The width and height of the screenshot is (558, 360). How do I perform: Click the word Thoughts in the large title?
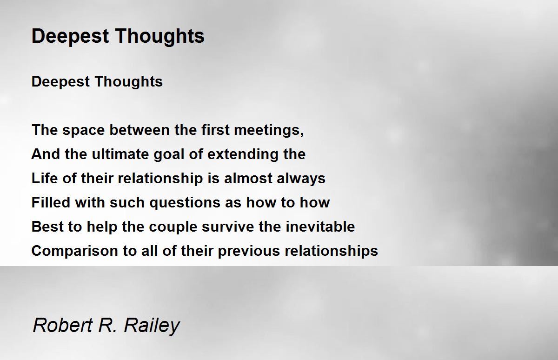click(159, 37)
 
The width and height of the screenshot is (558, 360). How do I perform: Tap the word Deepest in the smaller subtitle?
click(60, 82)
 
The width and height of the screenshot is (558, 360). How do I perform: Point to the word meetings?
click(269, 131)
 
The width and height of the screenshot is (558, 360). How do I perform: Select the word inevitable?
click(320, 227)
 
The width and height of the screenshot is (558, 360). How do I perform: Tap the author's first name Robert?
click(63, 326)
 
